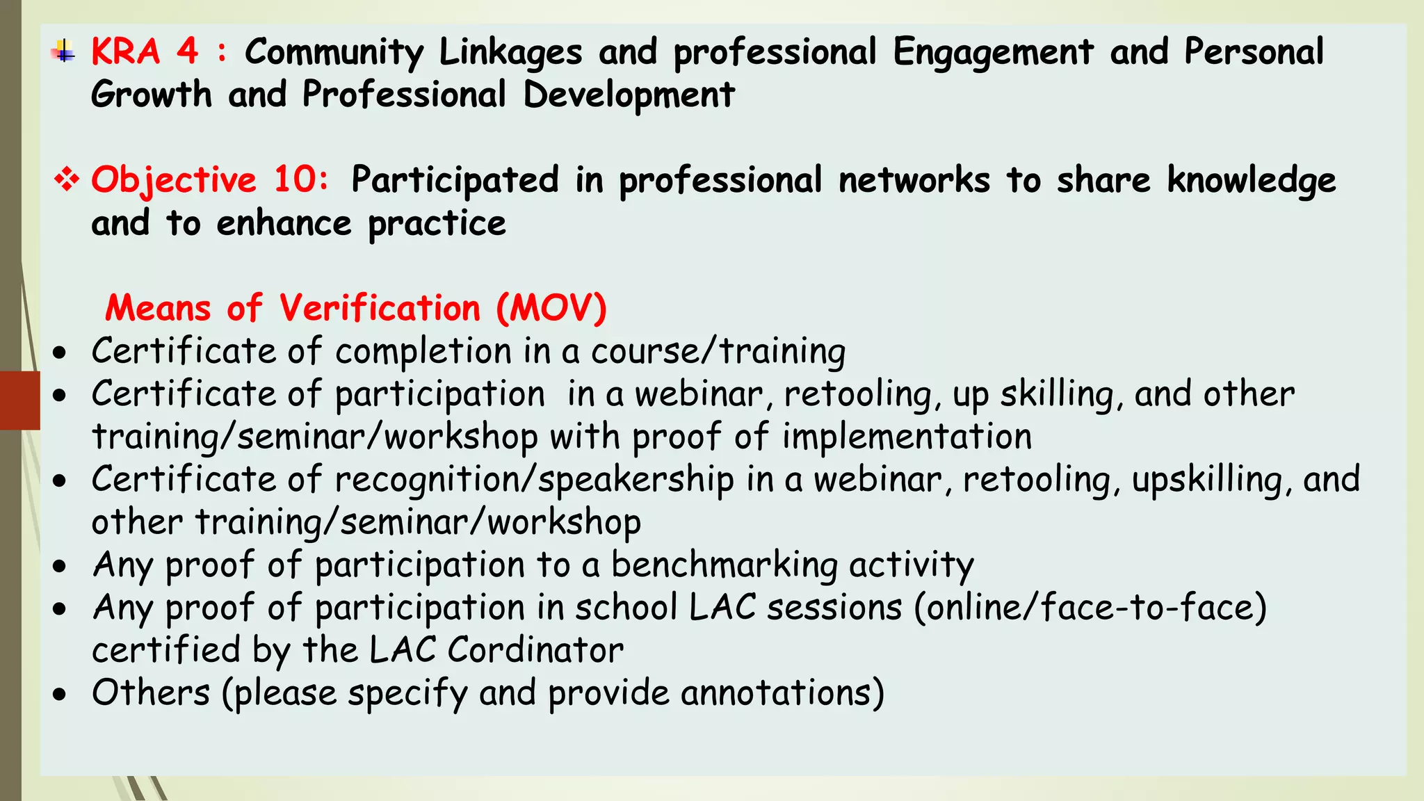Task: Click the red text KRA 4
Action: [x=145, y=51]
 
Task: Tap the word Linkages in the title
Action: [x=510, y=53]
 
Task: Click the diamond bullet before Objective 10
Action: [x=67, y=180]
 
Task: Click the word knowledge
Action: [x=1251, y=181]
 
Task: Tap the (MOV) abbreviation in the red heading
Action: [x=551, y=308]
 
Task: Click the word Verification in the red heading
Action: [x=380, y=308]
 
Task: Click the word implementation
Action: [x=907, y=437]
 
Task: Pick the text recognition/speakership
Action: [x=534, y=480]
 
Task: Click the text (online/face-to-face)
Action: [x=1090, y=608]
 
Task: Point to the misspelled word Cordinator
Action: [x=535, y=651]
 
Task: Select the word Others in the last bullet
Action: [x=151, y=693]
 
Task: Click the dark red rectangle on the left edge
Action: [x=19, y=400]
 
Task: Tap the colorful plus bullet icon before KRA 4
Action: [x=64, y=51]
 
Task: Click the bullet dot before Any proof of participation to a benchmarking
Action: [x=60, y=566]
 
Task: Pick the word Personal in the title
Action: [x=1254, y=51]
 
